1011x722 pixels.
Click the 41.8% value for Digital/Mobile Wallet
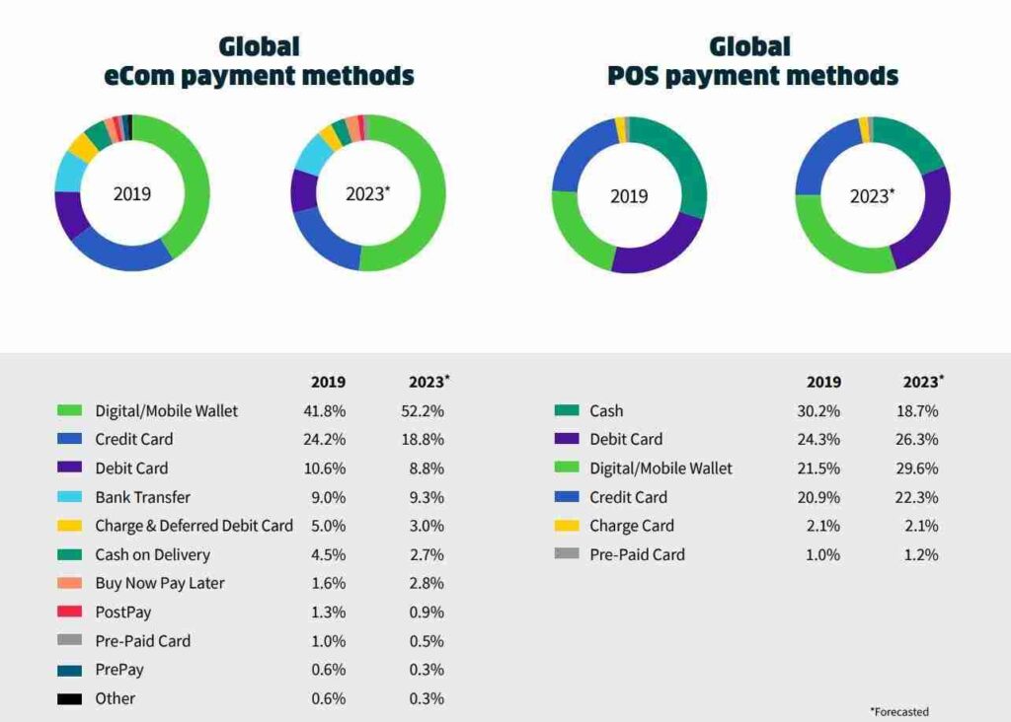[325, 410]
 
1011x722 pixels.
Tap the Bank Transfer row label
[142, 497]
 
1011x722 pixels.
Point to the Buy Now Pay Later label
[159, 583]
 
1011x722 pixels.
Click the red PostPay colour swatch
[69, 612]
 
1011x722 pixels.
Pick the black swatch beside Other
[69, 698]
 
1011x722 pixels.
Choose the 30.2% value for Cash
[819, 410]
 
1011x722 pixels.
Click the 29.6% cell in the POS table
[920, 469]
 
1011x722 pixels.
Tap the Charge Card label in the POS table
[632, 526]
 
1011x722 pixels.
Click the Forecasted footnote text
[898, 711]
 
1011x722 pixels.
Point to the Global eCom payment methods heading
[259, 61]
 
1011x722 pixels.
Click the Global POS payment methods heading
[752, 61]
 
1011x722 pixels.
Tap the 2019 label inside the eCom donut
[132, 194]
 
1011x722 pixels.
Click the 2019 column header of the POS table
[823, 382]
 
